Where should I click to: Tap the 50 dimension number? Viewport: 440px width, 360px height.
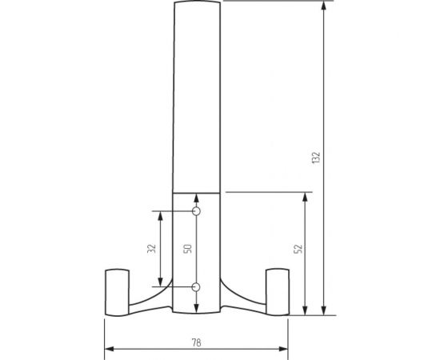pyautogui.click(x=188, y=249)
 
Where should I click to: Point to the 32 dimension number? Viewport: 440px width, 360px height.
pyautogui.click(x=152, y=249)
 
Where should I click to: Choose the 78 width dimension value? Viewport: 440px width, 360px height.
pyautogui.click(x=197, y=341)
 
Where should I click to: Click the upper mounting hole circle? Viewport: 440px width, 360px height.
pyautogui.click(x=197, y=212)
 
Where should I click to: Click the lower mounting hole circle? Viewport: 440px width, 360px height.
pyautogui.click(x=197, y=286)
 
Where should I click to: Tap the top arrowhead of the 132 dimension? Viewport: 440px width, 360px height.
pyautogui.click(x=324, y=6)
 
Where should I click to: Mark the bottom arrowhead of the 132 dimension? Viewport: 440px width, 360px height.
pyautogui.click(x=324, y=310)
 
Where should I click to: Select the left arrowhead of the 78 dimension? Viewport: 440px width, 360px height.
pyautogui.click(x=110, y=349)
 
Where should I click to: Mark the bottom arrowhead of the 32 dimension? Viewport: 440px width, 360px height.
pyautogui.click(x=161, y=282)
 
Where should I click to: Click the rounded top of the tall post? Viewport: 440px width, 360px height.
pyautogui.click(x=197, y=4)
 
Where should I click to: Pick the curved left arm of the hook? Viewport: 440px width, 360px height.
pyautogui.click(x=152, y=301)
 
